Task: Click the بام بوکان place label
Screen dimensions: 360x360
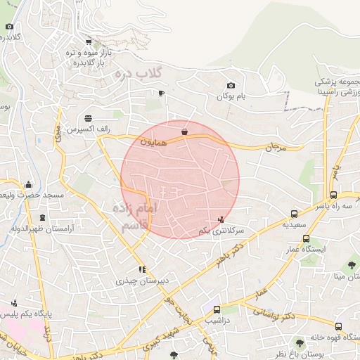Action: point(231,96)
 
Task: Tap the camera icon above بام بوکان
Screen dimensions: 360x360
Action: point(231,86)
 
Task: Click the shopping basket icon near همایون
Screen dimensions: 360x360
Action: point(184,131)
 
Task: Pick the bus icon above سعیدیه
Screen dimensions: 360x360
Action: point(294,214)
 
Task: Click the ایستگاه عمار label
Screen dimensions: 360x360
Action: point(304,250)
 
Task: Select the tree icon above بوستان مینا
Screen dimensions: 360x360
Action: point(352,265)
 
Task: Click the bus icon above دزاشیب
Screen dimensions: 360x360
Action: point(217,309)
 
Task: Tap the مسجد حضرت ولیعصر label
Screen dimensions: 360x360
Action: point(32,195)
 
